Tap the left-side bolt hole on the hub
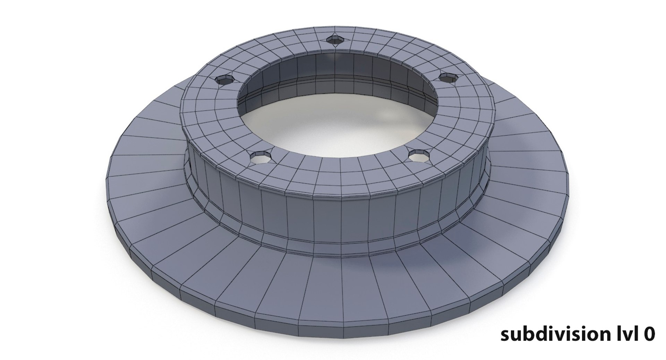225,80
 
